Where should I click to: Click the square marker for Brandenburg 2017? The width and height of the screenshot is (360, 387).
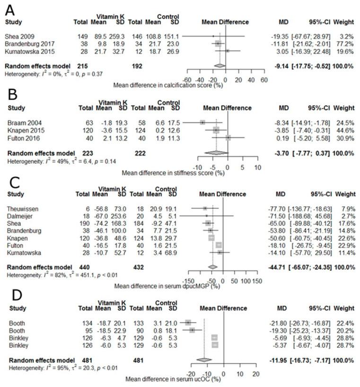(218, 43)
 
